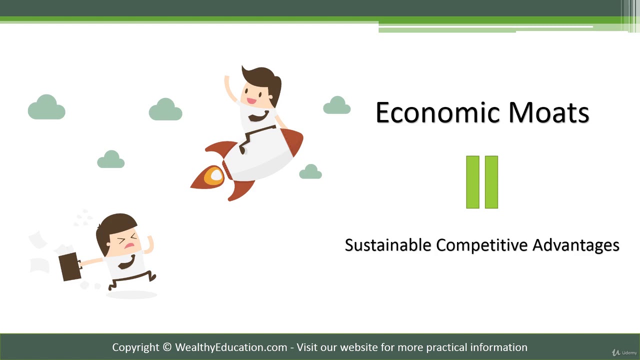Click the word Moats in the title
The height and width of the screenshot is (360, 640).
click(x=548, y=112)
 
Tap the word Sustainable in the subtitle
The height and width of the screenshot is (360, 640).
click(x=388, y=245)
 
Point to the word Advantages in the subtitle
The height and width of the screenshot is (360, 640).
click(x=575, y=245)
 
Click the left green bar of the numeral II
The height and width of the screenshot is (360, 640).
click(x=472, y=182)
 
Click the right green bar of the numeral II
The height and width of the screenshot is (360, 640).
click(x=491, y=182)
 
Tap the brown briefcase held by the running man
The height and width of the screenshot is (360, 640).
click(x=69, y=266)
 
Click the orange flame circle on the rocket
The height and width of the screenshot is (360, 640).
click(x=214, y=176)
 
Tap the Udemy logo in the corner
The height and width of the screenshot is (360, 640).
click(x=625, y=352)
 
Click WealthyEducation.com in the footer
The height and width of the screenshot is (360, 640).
click(x=231, y=347)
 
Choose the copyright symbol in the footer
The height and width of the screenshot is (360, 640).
click(x=167, y=347)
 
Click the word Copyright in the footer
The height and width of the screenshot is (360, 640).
click(x=135, y=347)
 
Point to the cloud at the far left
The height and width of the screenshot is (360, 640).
click(x=46, y=108)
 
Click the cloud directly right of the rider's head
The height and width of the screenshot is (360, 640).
click(x=336, y=106)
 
